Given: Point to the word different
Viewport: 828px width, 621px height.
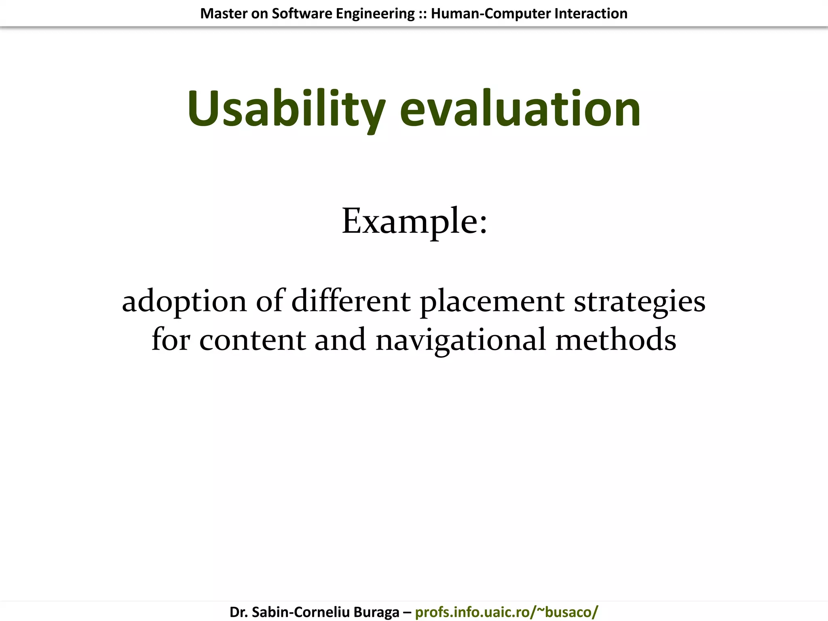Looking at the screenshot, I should [351, 301].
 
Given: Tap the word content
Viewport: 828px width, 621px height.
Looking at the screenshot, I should [252, 340].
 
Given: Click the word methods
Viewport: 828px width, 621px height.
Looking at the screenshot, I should [616, 340].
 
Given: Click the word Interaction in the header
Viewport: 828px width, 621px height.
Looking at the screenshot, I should [591, 14].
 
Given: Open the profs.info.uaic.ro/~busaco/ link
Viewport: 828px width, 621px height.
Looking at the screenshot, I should [506, 612].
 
